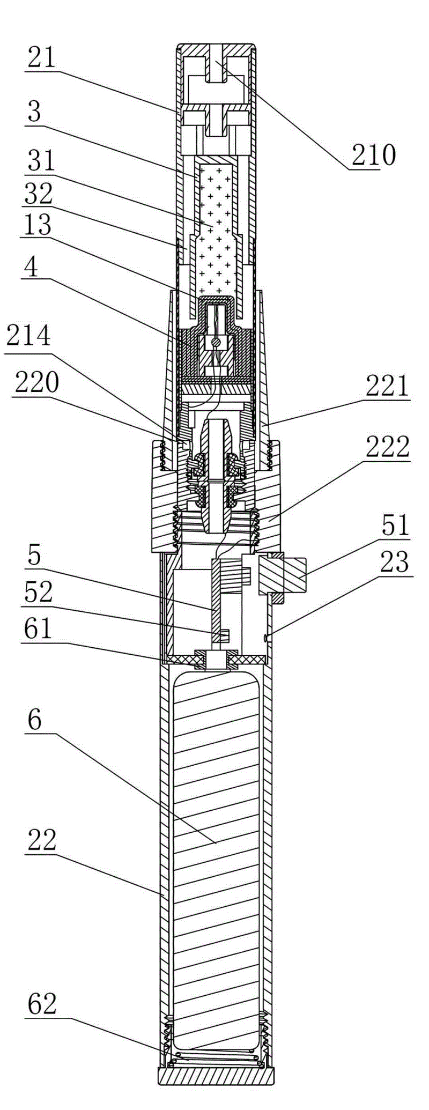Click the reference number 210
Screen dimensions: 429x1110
pyautogui.click(x=373, y=156)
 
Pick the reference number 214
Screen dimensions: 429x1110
pyautogui.click(x=28, y=335)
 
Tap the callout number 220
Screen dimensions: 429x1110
pyautogui.click(x=36, y=383)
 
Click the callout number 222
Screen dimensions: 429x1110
pyautogui.click(x=388, y=446)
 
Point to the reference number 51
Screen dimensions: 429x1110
pyautogui.click(x=395, y=526)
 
